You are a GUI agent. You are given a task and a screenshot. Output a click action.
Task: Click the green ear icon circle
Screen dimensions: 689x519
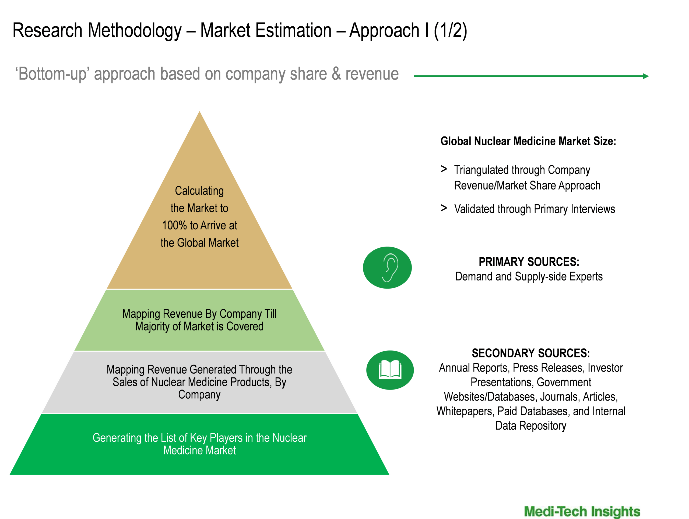(387, 268)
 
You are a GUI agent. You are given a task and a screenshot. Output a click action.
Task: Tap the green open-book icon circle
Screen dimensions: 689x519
(390, 370)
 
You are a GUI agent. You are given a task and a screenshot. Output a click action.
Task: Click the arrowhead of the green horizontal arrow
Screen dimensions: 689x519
(646, 76)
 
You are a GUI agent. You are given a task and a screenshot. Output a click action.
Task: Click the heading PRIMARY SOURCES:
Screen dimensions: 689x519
(529, 262)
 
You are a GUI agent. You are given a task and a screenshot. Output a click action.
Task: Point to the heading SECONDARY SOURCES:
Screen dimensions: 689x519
(531, 353)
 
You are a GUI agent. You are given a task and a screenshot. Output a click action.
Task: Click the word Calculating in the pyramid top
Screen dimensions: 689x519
(199, 191)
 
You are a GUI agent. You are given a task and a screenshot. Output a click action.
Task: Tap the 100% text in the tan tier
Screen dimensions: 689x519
(174, 225)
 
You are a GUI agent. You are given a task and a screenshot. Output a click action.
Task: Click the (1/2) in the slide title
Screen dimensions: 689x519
(450, 30)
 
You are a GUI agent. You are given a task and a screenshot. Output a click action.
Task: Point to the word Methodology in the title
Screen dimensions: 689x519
(135, 30)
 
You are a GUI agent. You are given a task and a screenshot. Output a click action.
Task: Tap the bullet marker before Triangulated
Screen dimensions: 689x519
(444, 169)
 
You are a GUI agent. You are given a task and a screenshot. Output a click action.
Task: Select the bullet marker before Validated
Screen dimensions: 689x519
(444, 208)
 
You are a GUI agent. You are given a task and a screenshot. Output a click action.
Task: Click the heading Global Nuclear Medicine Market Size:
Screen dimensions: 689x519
(528, 141)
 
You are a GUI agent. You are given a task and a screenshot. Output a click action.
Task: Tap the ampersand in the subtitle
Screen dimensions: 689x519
(336, 74)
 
